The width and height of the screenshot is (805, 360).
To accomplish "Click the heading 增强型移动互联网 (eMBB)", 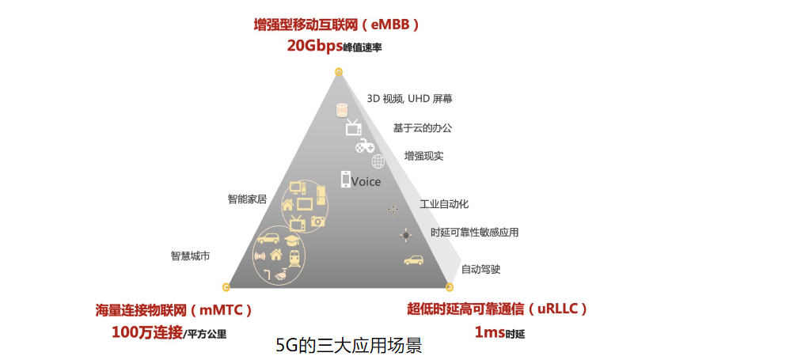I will [x=336, y=25].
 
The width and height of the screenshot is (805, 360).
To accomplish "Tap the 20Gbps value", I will [x=314, y=46].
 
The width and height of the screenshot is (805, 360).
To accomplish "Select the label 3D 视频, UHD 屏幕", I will [x=410, y=99].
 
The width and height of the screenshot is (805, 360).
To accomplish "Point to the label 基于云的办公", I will [x=423, y=127].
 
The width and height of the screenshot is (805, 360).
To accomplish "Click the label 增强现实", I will [x=424, y=156].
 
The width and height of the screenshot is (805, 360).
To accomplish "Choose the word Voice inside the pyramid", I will [x=366, y=182].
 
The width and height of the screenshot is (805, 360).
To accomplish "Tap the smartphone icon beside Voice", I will [x=346, y=180].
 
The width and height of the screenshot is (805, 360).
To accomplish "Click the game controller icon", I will [x=363, y=146].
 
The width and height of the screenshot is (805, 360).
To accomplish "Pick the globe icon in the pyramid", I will [x=378, y=161].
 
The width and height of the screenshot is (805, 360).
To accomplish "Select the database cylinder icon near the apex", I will [x=342, y=110].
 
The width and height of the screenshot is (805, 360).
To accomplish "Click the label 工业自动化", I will [x=444, y=204].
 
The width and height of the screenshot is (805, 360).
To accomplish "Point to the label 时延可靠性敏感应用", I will [x=475, y=233].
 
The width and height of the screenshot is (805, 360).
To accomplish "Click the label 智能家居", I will [x=248, y=199].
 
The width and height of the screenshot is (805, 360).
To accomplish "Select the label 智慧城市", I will [x=190, y=256].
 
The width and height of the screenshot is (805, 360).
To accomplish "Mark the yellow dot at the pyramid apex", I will [x=339, y=73].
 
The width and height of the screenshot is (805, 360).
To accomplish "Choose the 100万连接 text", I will [x=147, y=332].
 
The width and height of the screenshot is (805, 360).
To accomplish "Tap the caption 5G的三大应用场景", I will [x=348, y=347].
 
